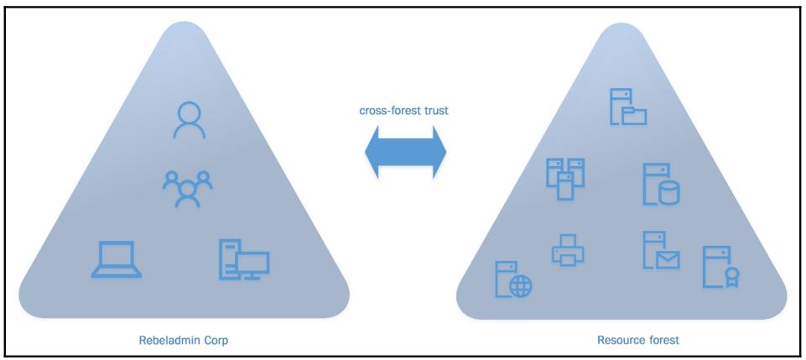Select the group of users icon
[x=186, y=187]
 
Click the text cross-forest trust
[x=404, y=110]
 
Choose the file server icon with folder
[x=626, y=107]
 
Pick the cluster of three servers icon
[x=565, y=178]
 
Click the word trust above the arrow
[x=436, y=110]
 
